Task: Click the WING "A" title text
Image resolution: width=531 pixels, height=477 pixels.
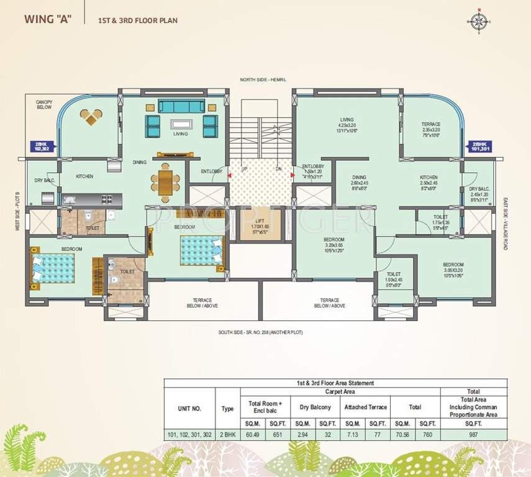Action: point(48,19)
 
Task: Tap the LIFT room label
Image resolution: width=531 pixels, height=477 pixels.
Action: point(261,224)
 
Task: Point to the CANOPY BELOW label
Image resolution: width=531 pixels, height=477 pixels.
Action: point(43,105)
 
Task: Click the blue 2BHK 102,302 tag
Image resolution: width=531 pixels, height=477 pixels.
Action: point(43,147)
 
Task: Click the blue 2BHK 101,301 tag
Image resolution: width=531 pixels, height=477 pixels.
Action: point(481,146)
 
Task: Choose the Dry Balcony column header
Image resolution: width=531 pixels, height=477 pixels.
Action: point(315,407)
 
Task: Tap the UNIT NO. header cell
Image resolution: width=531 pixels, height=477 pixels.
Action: point(189,407)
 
